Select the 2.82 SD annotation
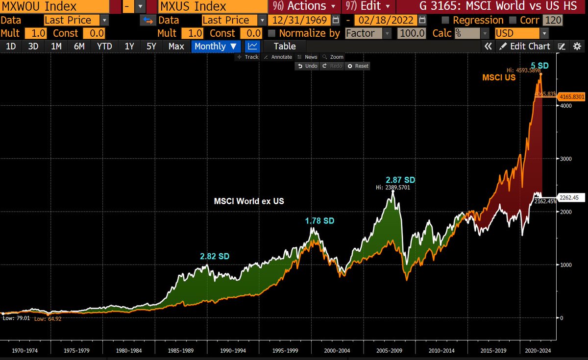coord(214,256)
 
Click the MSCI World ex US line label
coord(249,201)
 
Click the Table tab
coord(284,46)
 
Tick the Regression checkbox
coord(445,21)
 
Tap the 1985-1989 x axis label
coord(180,351)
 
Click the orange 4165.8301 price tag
coord(572,97)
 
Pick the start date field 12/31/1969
coord(299,21)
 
